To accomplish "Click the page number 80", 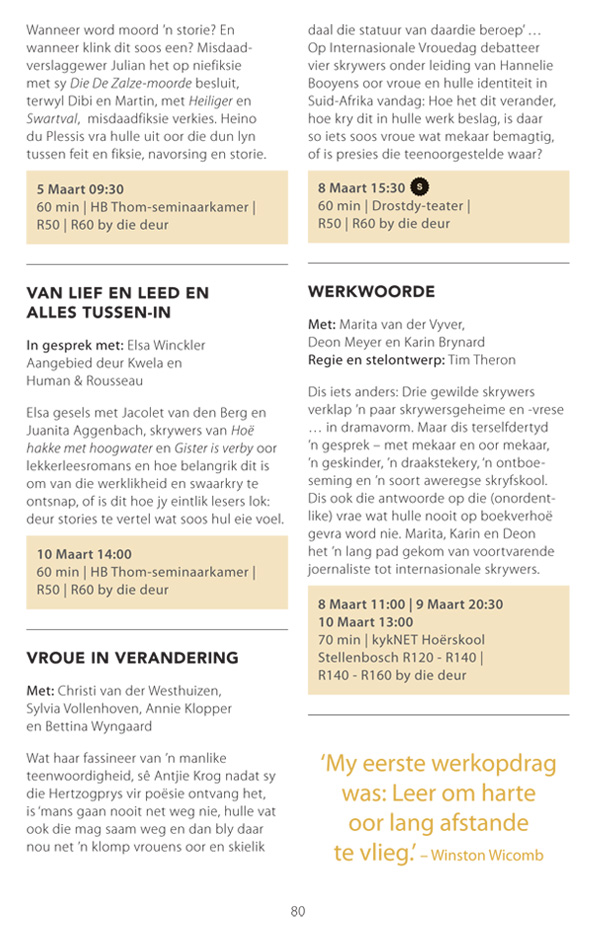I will pyautogui.click(x=297, y=911).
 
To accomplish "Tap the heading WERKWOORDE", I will pyautogui.click(x=371, y=291).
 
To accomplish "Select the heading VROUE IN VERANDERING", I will pyautogui.click(x=132, y=657).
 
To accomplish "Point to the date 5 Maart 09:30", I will pyautogui.click(x=80, y=188).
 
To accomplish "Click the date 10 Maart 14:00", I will pyautogui.click(x=84, y=553).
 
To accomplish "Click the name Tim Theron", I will pyautogui.click(x=483, y=360).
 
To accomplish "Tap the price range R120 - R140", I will pyautogui.click(x=436, y=657).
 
